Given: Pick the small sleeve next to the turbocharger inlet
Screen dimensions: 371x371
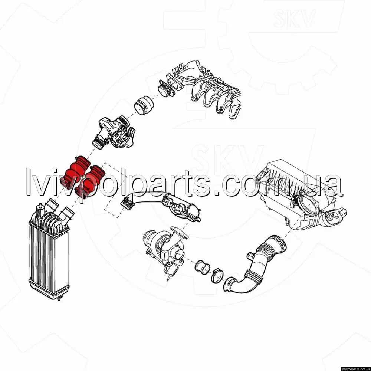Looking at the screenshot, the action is pos(203,267).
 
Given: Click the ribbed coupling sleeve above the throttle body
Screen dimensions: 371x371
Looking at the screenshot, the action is pos(144,106).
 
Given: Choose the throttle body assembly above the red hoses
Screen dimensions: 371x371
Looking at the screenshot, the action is pos(114,132).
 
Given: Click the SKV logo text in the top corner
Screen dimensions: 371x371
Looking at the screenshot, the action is pos(294,18).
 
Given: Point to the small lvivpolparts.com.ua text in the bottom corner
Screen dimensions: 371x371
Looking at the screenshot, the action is pos(355,369).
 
